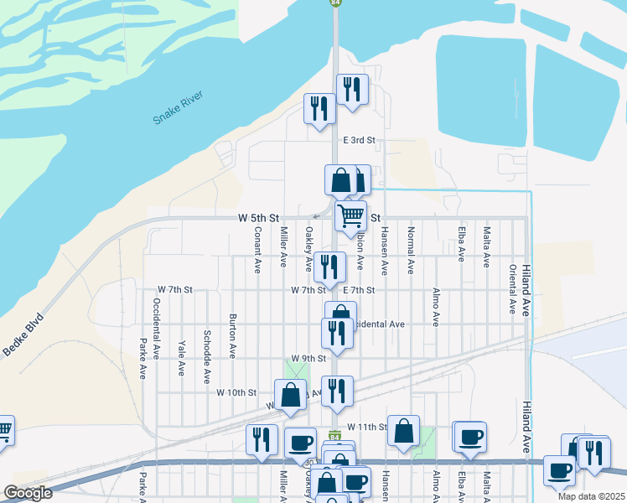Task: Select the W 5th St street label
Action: pos(257,217)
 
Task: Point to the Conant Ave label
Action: pos(258,250)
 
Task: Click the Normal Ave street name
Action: pos(411,250)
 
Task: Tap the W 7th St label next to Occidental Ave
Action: pos(174,289)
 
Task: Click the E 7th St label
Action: pos(359,289)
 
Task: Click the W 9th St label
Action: pos(308,358)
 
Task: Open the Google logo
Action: pos(28,493)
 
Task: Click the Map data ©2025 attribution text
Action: pos(590,496)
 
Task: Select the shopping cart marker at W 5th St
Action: pos(351,215)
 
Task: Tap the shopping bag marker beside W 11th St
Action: pos(403,431)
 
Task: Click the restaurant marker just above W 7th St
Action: pos(330,267)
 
